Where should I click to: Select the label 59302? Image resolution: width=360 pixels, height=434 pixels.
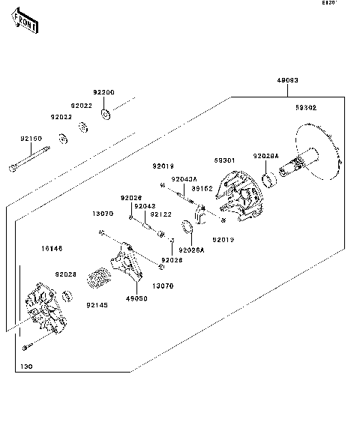pyautogui.click(x=305, y=108)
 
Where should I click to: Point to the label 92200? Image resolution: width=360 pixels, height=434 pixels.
pyautogui.click(x=103, y=92)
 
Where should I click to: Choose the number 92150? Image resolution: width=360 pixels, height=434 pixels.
pyautogui.click(x=31, y=139)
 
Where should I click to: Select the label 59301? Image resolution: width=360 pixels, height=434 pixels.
pyautogui.click(x=224, y=160)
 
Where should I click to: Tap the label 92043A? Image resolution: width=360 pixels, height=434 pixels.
pyautogui.click(x=183, y=179)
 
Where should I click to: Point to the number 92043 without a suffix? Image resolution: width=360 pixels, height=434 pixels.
pyautogui.click(x=145, y=205)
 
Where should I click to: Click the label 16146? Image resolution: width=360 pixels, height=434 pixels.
pyautogui.click(x=52, y=247)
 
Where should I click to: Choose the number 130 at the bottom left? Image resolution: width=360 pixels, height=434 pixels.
pyautogui.click(x=27, y=367)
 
